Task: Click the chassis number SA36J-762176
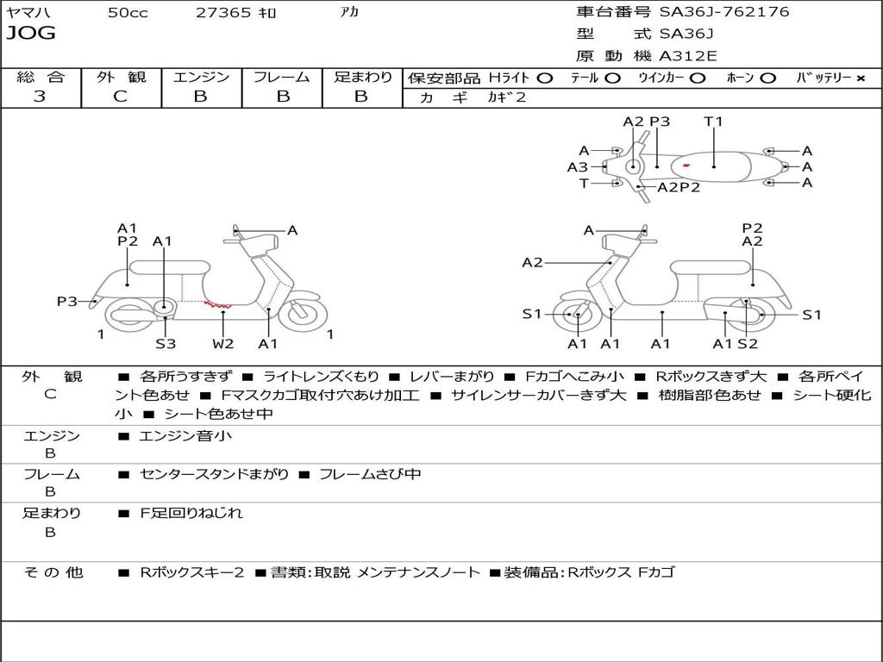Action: pyautogui.click(x=724, y=12)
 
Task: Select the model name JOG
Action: pyautogui.click(x=31, y=34)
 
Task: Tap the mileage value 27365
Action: pyautogui.click(x=223, y=13)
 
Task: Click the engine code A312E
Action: pyautogui.click(x=687, y=57)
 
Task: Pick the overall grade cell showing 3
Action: pyautogui.click(x=40, y=97)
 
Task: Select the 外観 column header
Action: pyautogui.click(x=121, y=77)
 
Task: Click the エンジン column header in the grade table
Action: pyautogui.click(x=201, y=77)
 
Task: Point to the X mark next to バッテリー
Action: pyautogui.click(x=860, y=78)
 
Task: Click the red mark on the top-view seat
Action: pyautogui.click(x=686, y=164)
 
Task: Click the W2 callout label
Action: pyautogui.click(x=223, y=344)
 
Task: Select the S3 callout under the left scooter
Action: pyautogui.click(x=166, y=344)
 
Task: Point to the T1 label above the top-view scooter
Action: pyautogui.click(x=713, y=122)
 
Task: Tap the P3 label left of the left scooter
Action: pyautogui.click(x=66, y=301)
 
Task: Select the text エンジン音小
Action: pyautogui.click(x=185, y=436)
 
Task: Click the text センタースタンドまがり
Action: pyautogui.click(x=214, y=475)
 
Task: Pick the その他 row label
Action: pyautogui.click(x=53, y=572)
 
